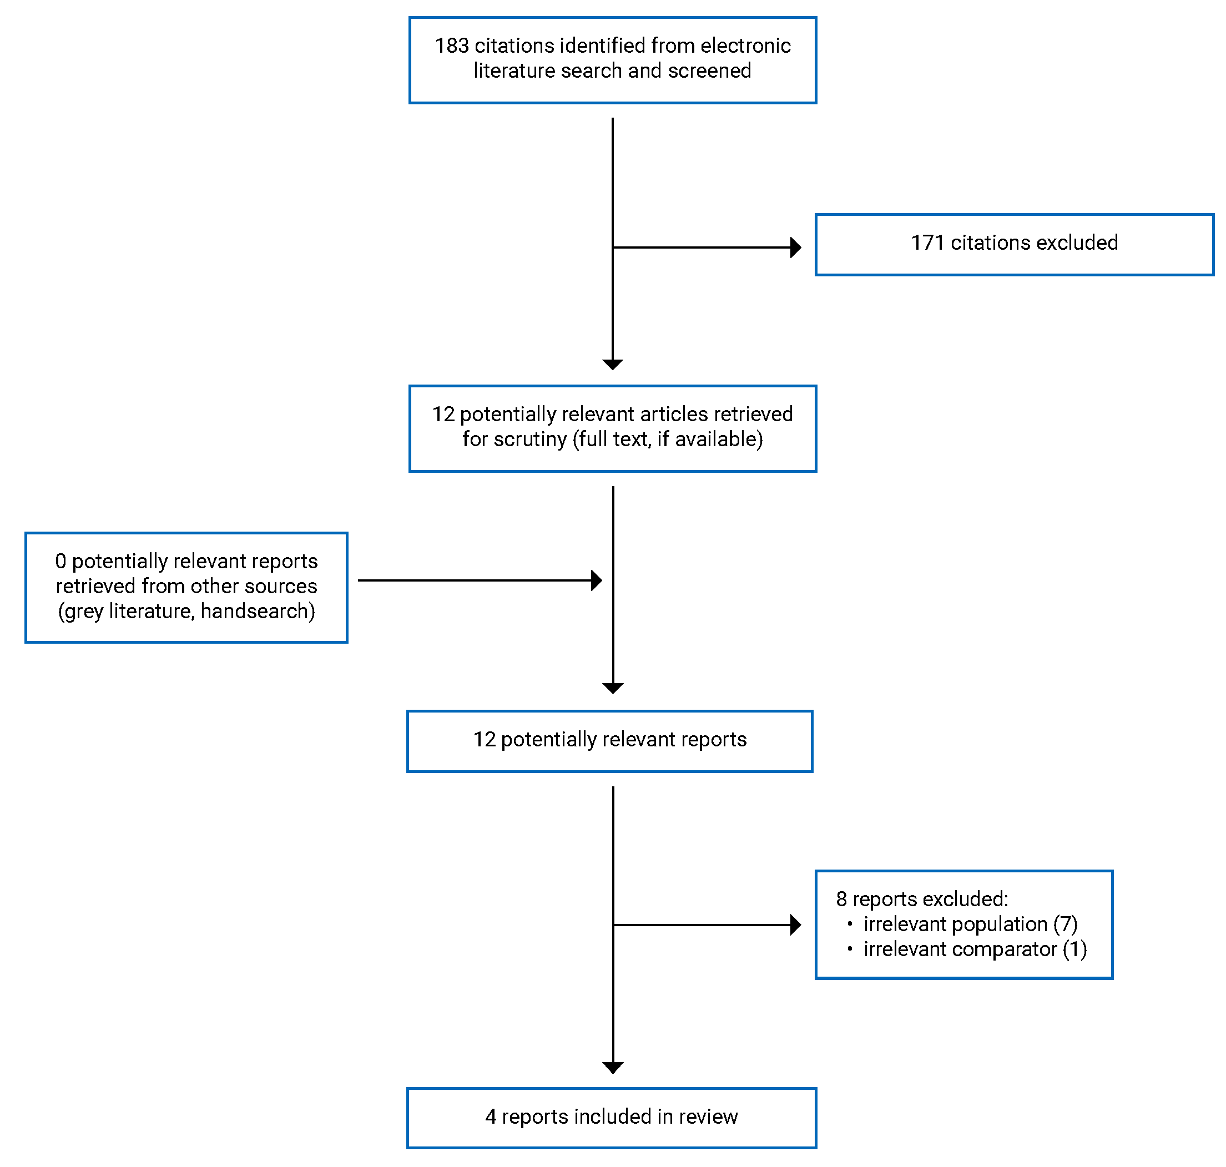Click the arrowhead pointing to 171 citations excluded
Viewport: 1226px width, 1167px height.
tap(795, 247)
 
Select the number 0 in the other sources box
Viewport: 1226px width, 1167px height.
tap(60, 562)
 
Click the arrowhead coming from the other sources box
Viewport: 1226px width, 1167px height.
tap(596, 581)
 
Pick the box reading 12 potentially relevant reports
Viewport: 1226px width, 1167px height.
tap(609, 741)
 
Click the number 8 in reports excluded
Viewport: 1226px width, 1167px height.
tap(841, 900)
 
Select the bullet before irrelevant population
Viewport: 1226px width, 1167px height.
tap(850, 924)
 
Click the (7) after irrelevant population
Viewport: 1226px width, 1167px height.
tap(1065, 925)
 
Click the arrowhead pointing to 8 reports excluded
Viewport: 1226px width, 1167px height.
tap(795, 925)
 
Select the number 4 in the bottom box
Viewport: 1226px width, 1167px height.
tap(491, 1117)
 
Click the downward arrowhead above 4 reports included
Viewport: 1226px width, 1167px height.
tap(613, 1068)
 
